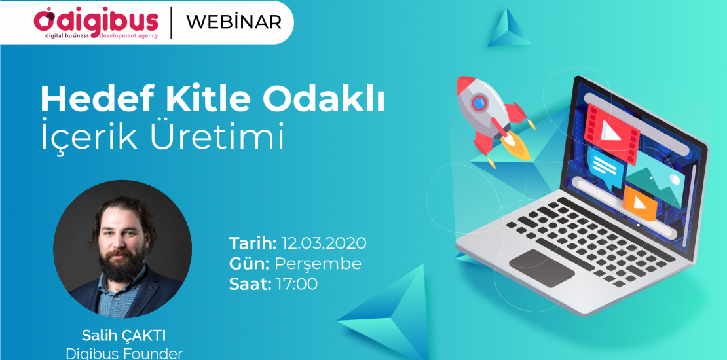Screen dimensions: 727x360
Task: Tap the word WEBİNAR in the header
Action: tap(234, 22)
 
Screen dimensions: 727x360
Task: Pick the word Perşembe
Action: tap(318, 264)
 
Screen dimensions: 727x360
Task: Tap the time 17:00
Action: tap(297, 284)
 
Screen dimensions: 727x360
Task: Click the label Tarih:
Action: tap(253, 243)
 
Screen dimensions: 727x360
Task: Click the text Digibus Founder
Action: tap(124, 353)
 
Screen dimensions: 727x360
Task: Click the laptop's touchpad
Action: tap(542, 267)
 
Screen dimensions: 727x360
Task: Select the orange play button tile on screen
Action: tap(639, 204)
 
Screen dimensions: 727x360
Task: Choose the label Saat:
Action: tap(250, 284)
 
